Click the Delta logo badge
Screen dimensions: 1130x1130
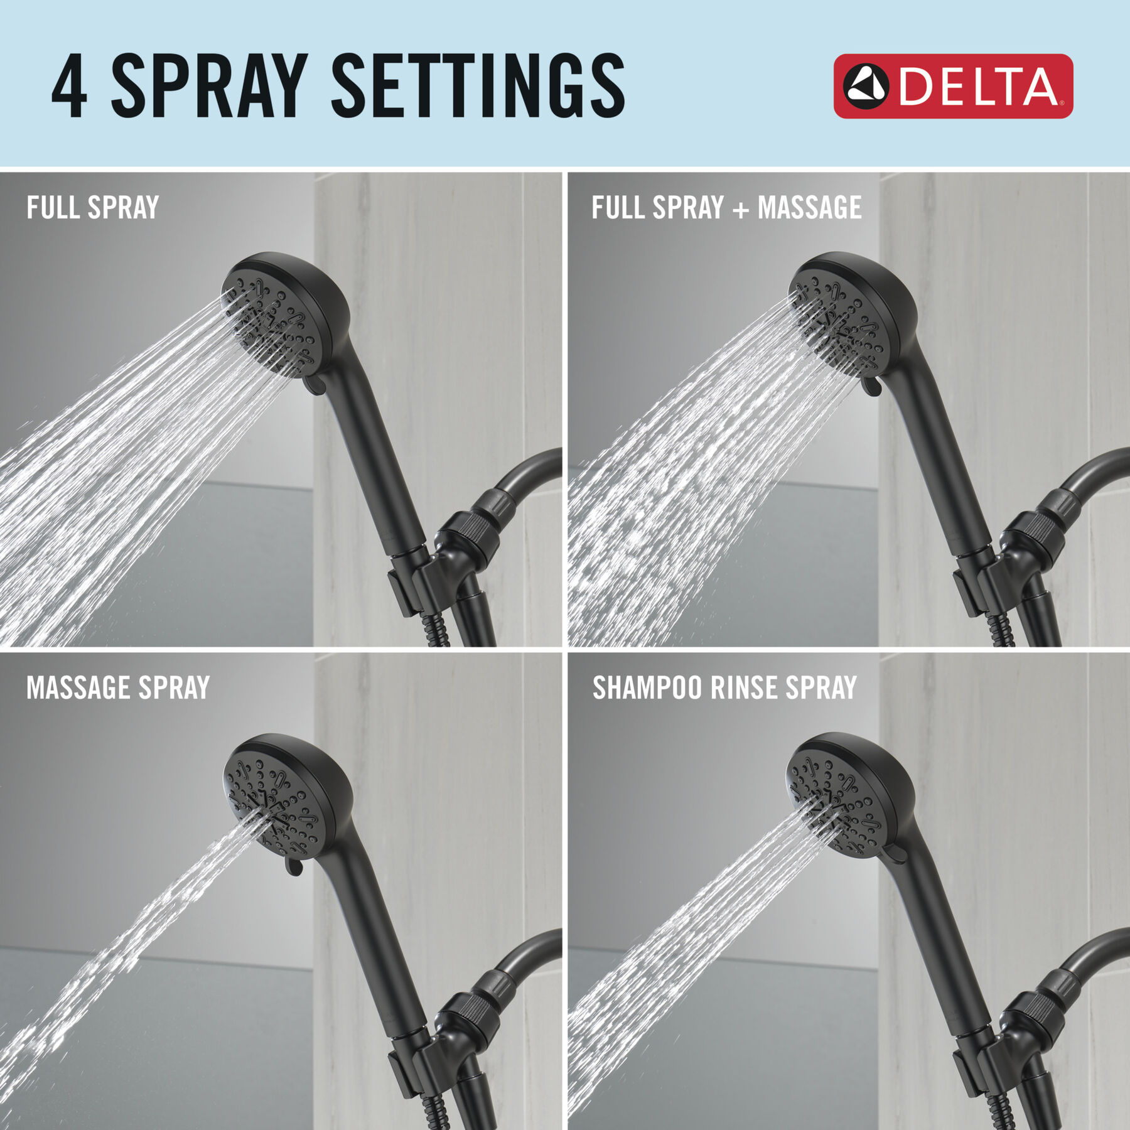coord(952,86)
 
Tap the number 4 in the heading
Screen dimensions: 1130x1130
coord(69,86)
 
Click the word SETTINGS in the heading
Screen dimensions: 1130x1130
coord(477,86)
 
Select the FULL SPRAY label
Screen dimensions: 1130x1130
coord(92,208)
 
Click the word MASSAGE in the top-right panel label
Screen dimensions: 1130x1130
coord(809,208)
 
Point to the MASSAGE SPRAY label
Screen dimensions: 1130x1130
coord(117,688)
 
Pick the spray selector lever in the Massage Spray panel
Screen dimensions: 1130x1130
coord(293,865)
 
